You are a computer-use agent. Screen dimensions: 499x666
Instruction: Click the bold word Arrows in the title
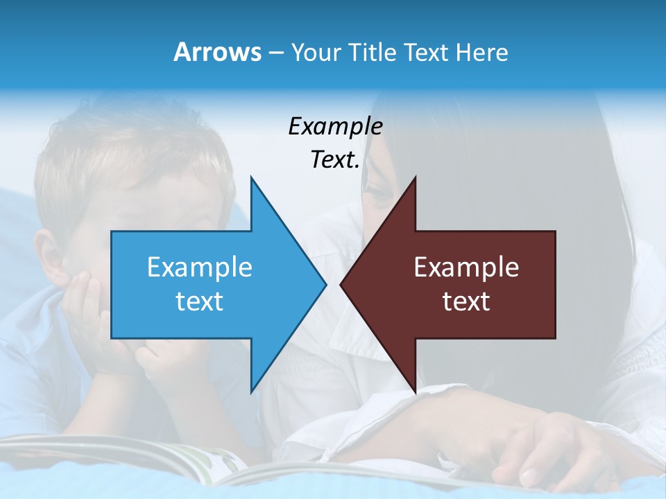pyautogui.click(x=217, y=52)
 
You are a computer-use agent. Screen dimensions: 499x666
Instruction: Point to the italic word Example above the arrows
pyautogui.click(x=335, y=126)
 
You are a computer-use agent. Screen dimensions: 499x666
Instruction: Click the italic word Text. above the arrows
pyautogui.click(x=335, y=160)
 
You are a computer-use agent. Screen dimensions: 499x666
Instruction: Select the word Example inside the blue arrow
pyautogui.click(x=200, y=267)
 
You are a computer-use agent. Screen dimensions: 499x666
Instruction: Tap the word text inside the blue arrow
pyautogui.click(x=200, y=301)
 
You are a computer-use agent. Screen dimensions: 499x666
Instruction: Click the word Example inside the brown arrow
pyautogui.click(x=466, y=267)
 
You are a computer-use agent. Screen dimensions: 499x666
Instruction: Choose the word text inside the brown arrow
pyautogui.click(x=466, y=301)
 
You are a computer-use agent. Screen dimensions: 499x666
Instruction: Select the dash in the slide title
pyautogui.click(x=275, y=53)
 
